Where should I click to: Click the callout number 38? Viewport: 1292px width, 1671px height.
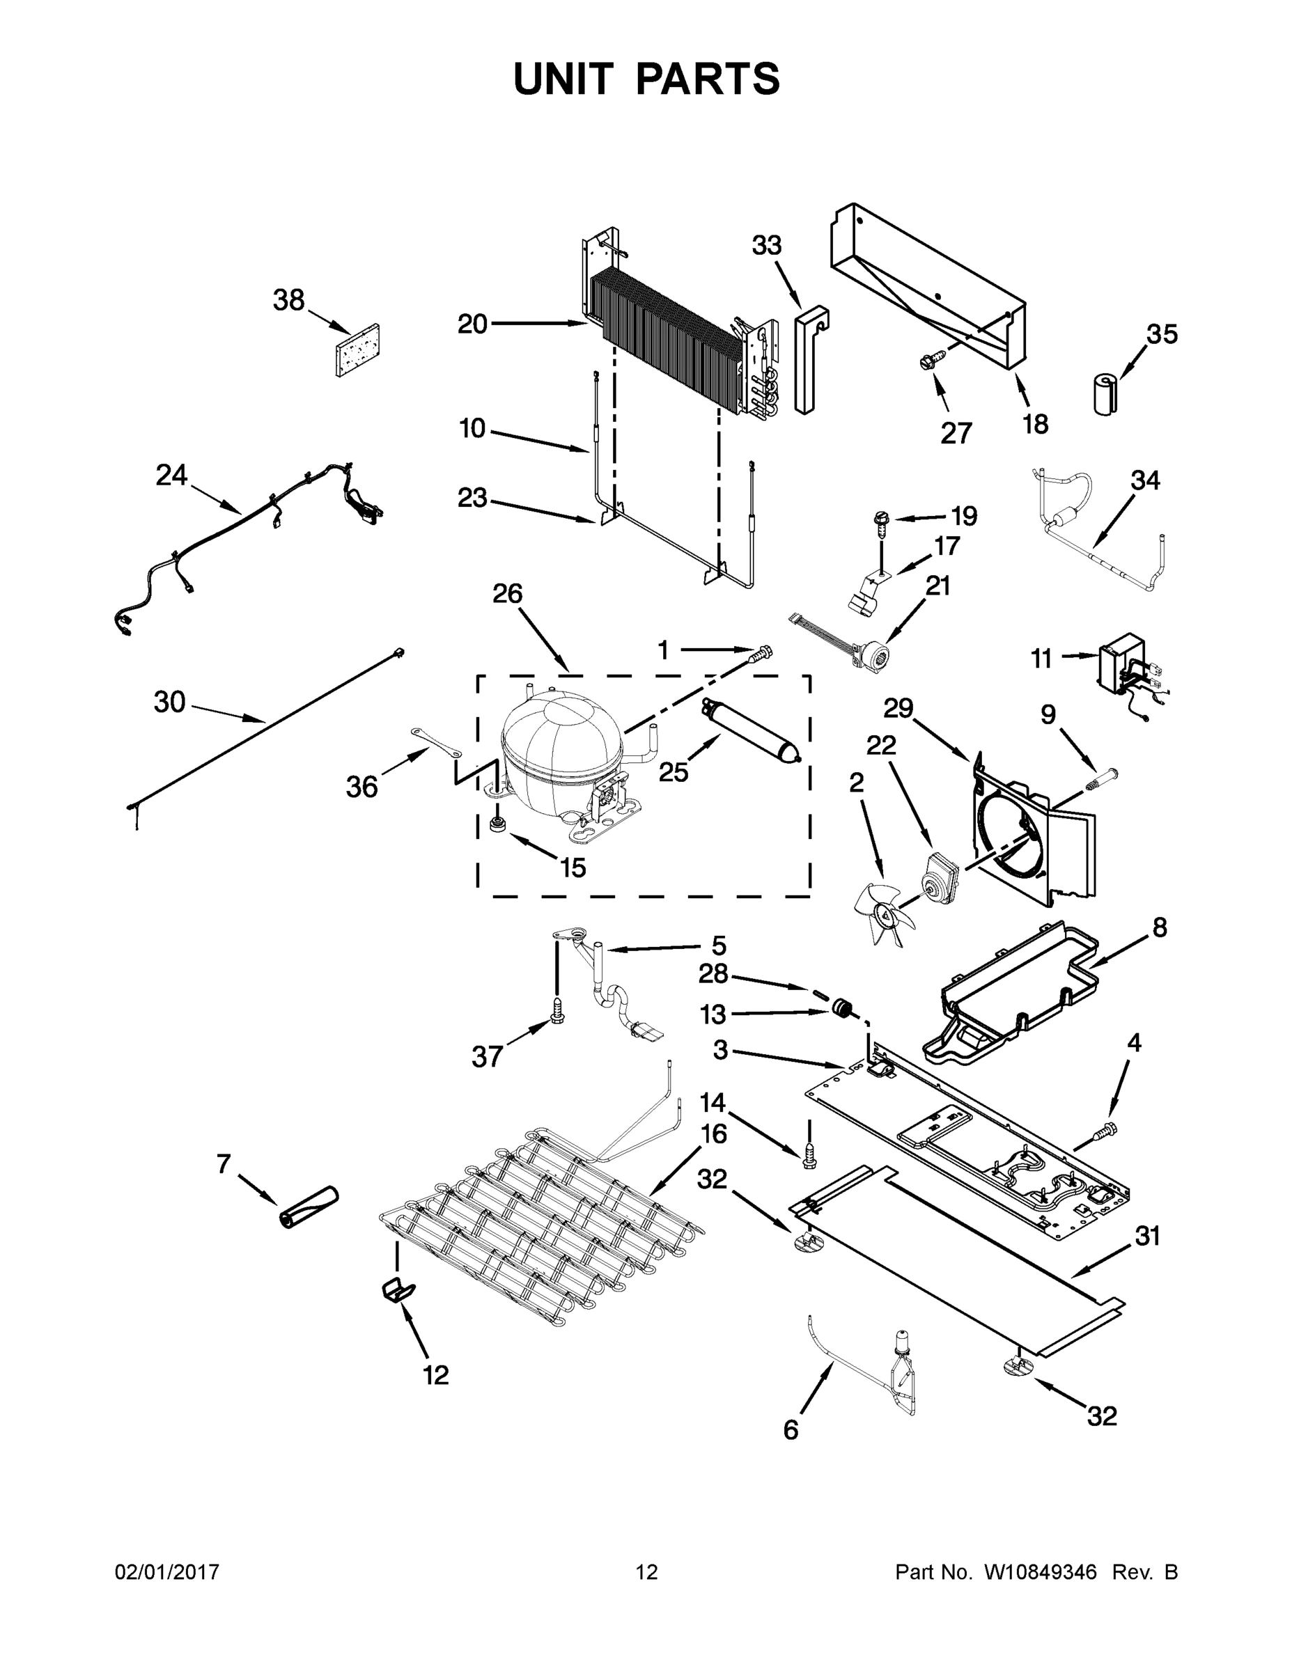[288, 301]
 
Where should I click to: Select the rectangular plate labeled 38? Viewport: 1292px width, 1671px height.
[358, 350]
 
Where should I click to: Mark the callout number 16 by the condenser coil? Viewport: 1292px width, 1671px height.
[713, 1134]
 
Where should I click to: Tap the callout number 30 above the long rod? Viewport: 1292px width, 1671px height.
[169, 702]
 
